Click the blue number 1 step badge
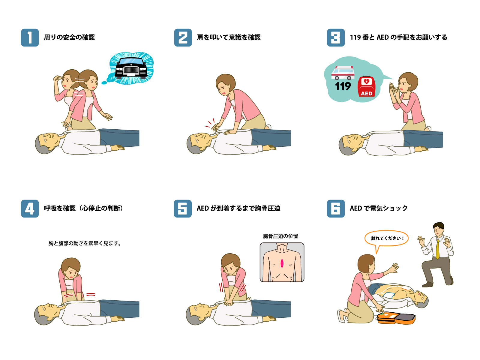(x=30, y=37)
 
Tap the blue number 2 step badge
(x=183, y=37)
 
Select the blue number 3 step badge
(x=336, y=37)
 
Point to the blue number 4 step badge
(x=30, y=208)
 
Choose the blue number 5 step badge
(x=183, y=208)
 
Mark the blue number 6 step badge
(x=336, y=208)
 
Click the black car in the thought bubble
(x=131, y=68)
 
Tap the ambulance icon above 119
(x=343, y=73)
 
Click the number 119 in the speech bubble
(x=343, y=86)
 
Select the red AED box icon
(x=366, y=87)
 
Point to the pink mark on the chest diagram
(x=282, y=263)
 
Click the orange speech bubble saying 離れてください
(x=386, y=239)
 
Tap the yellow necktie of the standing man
(x=438, y=249)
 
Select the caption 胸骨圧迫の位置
(x=280, y=236)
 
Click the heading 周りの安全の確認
(x=69, y=37)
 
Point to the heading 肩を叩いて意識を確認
(x=229, y=37)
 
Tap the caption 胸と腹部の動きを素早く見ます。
(x=85, y=243)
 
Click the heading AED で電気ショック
(x=379, y=208)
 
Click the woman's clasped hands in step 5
(x=229, y=303)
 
